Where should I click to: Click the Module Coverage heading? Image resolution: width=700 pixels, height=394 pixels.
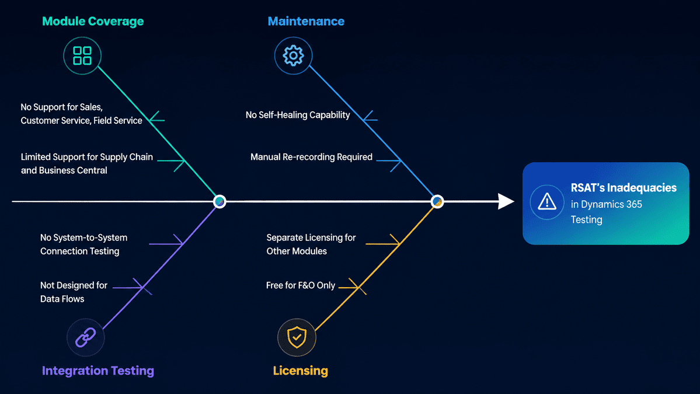click(x=93, y=22)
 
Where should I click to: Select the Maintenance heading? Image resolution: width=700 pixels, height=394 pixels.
click(x=306, y=22)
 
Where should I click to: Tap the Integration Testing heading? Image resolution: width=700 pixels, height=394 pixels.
click(x=97, y=371)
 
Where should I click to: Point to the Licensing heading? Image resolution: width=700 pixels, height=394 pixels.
click(x=301, y=371)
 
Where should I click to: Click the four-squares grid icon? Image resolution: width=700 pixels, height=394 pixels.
click(x=82, y=56)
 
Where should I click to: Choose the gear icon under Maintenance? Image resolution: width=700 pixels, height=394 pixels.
click(x=293, y=56)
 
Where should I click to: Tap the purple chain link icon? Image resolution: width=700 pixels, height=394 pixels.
click(x=86, y=337)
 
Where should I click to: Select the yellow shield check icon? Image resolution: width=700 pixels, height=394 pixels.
click(x=297, y=337)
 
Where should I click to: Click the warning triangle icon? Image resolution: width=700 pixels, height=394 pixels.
click(x=547, y=202)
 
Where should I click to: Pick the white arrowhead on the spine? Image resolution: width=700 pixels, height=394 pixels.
click(x=506, y=201)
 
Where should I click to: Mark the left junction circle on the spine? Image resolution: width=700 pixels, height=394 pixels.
click(x=220, y=202)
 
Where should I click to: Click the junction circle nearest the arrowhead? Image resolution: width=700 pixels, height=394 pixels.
click(x=437, y=202)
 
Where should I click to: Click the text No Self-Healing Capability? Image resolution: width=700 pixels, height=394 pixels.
click(x=298, y=115)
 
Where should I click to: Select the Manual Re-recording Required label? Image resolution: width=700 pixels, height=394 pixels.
click(x=311, y=157)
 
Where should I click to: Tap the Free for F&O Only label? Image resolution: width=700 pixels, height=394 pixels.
click(x=301, y=285)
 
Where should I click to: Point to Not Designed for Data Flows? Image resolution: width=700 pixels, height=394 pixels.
click(x=74, y=292)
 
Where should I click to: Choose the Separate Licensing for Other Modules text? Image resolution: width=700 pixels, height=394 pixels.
click(x=311, y=245)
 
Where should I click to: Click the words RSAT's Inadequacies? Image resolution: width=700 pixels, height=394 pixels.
click(x=624, y=188)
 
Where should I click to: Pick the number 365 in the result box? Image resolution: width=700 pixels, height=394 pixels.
click(x=634, y=204)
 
